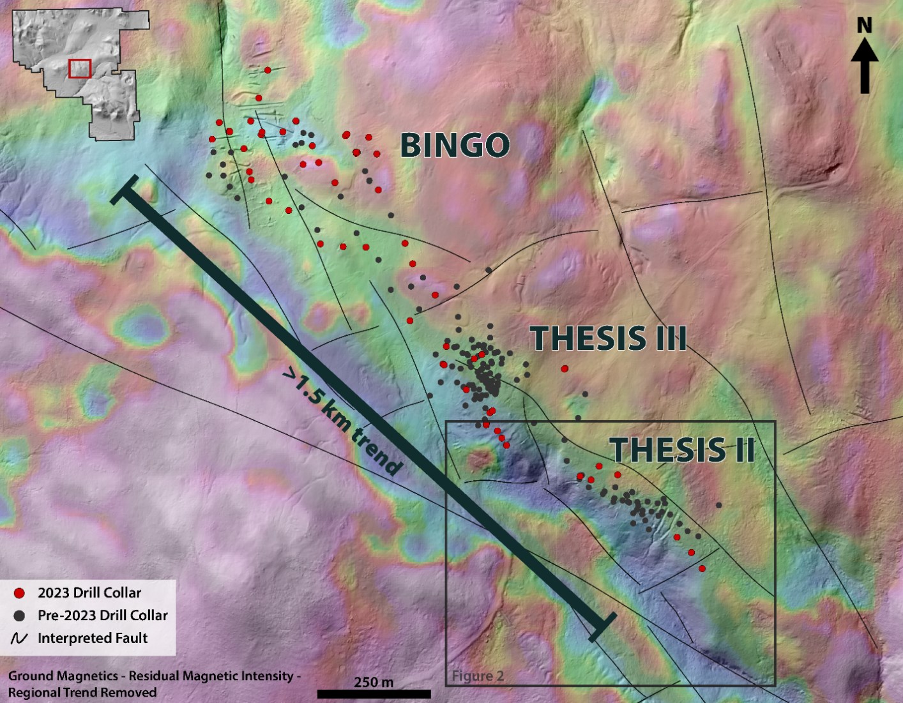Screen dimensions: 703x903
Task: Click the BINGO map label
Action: tap(455, 146)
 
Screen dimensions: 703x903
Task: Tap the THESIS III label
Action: tap(608, 338)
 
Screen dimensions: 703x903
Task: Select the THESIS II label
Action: tap(683, 450)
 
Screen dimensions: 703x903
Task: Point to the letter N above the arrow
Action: tap(864, 26)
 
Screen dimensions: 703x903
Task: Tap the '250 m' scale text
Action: tap(374, 682)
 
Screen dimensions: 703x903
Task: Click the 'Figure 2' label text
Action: tap(478, 676)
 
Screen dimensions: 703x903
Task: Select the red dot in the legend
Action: tap(19, 593)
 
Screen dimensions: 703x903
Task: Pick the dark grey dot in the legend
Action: tap(19, 616)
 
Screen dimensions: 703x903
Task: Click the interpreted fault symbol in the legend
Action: tap(19, 639)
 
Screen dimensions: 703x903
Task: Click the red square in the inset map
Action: tap(80, 68)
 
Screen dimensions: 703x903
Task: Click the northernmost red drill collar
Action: tap(268, 70)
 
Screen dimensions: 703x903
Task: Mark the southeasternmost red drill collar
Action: tap(702, 568)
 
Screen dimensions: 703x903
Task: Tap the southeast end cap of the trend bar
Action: tap(602, 627)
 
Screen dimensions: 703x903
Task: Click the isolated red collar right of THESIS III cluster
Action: tap(564, 368)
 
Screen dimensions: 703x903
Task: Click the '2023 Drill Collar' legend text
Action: tap(89, 593)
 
